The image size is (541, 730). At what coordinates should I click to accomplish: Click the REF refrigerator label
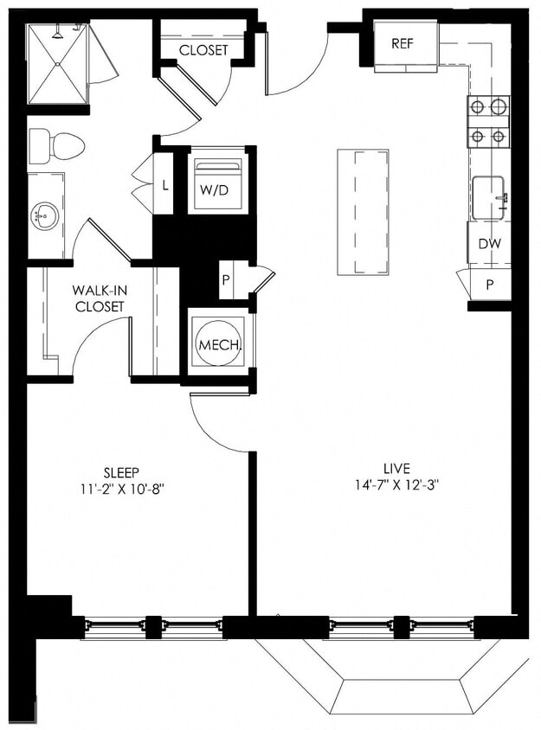click(x=403, y=44)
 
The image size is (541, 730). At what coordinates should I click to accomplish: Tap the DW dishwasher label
click(x=489, y=244)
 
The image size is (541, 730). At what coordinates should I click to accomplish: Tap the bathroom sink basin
click(x=44, y=215)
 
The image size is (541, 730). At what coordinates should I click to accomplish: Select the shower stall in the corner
click(x=58, y=63)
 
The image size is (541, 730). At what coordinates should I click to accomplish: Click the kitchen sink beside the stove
click(x=490, y=197)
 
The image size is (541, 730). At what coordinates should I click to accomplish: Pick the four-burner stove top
click(x=489, y=121)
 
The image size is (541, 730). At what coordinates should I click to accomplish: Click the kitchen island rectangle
click(x=362, y=211)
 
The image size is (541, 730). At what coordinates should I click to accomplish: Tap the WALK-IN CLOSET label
click(x=99, y=298)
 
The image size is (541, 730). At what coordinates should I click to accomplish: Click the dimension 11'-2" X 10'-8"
click(x=121, y=488)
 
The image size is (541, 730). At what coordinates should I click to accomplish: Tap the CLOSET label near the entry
click(x=203, y=50)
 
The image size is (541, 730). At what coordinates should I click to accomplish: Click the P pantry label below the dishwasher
click(x=490, y=284)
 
